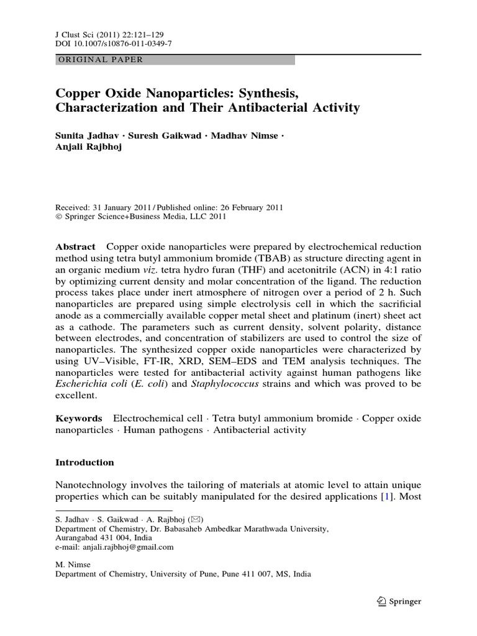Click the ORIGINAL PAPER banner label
point(100,60)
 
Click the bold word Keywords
point(78,419)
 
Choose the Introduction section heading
point(85,463)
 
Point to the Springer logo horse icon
point(381,601)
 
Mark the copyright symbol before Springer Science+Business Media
point(59,217)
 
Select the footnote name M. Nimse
point(73,565)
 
